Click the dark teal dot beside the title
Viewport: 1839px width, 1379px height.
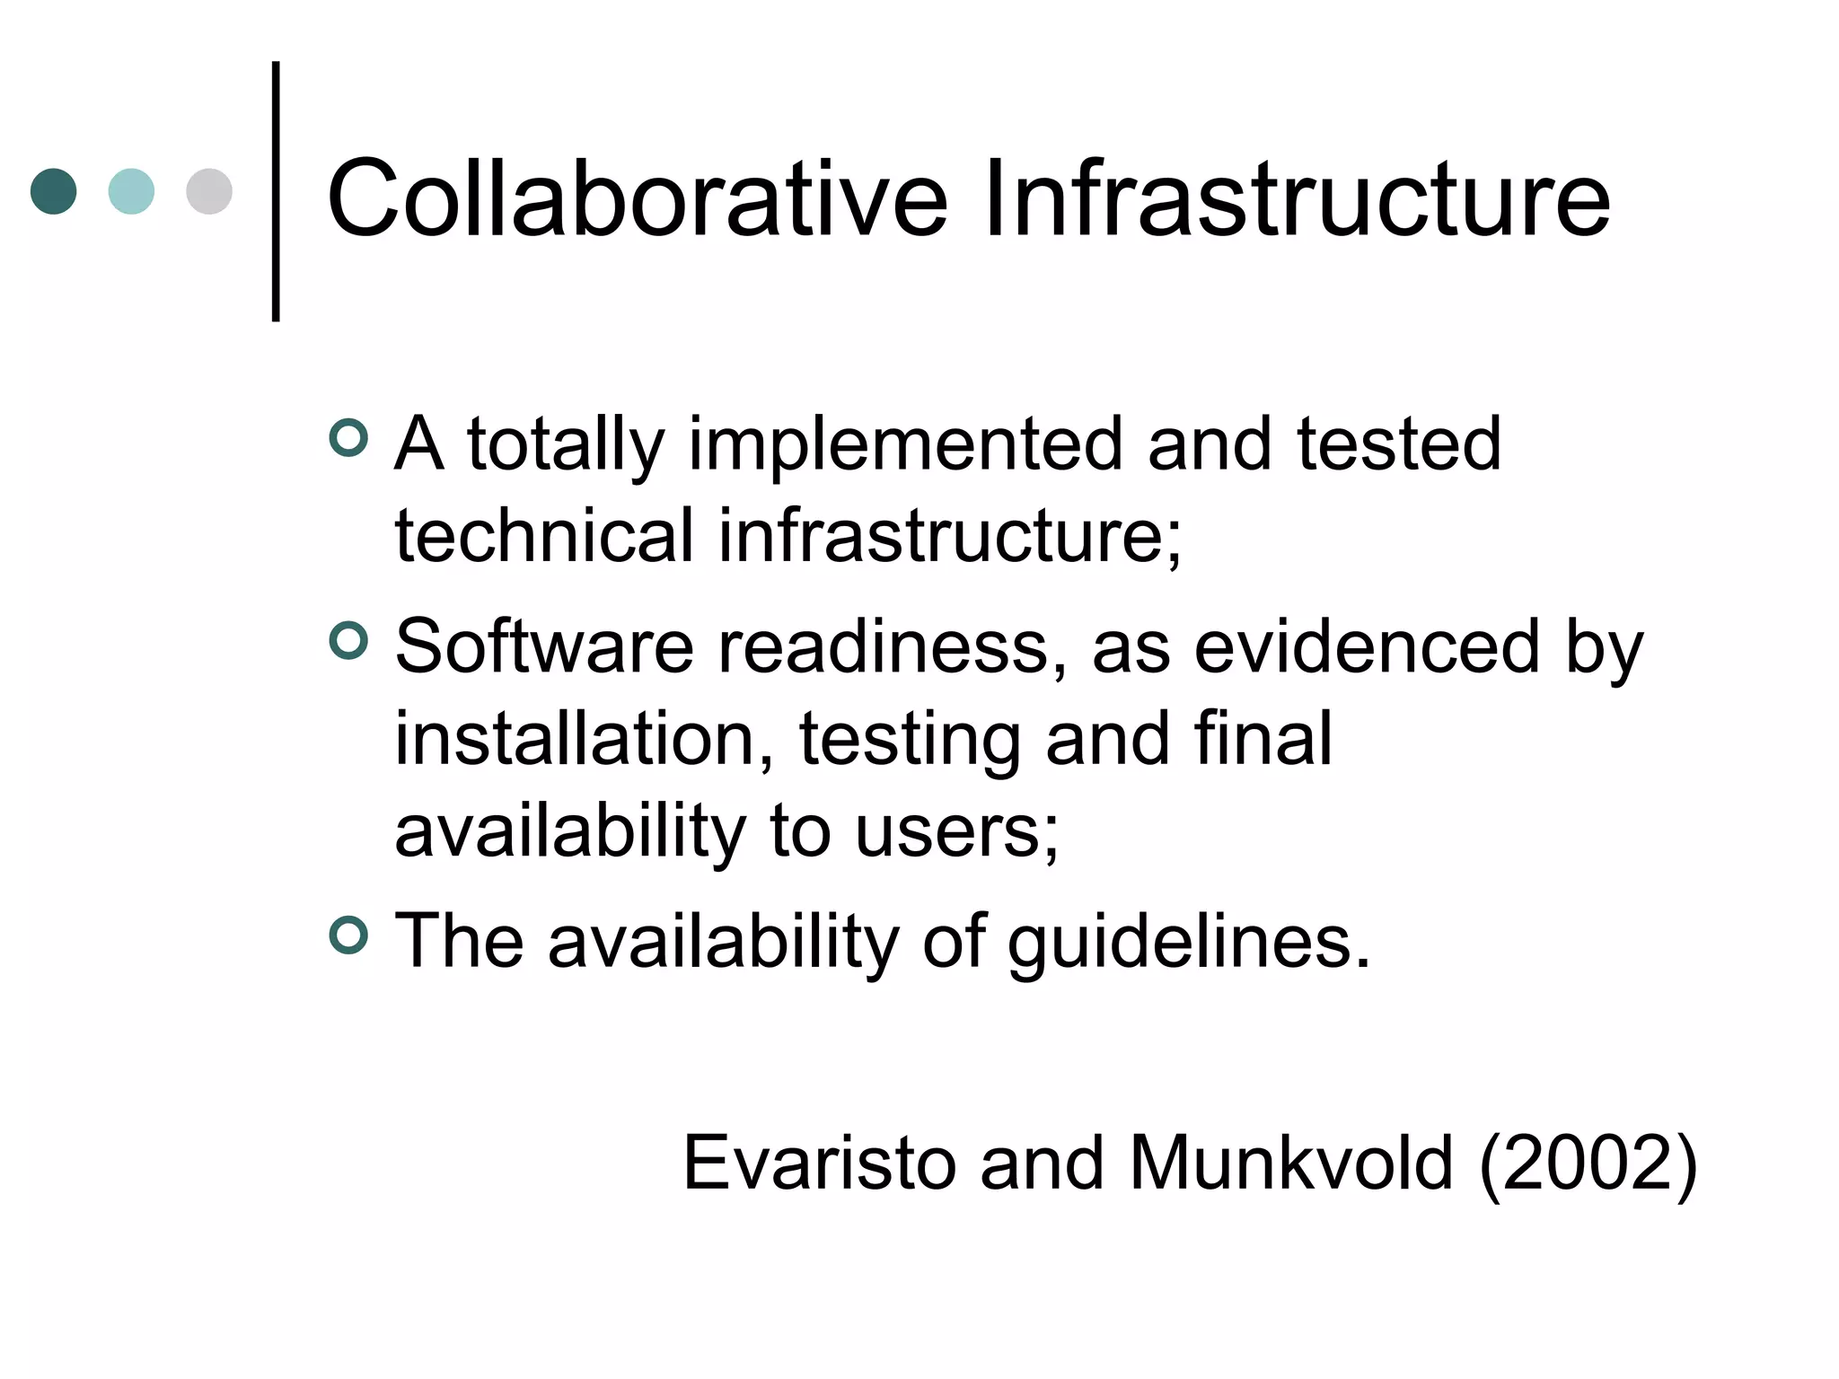(x=54, y=191)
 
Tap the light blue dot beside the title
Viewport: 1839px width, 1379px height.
(x=131, y=191)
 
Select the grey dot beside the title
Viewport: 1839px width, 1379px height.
(x=209, y=191)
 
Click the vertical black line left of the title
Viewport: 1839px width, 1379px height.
(x=276, y=190)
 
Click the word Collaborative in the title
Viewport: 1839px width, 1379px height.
(x=637, y=199)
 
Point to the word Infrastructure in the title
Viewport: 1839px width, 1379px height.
(x=1297, y=199)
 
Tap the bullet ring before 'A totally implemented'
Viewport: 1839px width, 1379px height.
(x=348, y=438)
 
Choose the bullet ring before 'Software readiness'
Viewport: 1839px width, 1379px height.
(x=348, y=641)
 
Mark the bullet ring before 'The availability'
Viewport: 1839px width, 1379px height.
(x=348, y=935)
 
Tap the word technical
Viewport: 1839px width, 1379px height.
(x=544, y=536)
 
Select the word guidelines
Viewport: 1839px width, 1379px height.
(x=1189, y=943)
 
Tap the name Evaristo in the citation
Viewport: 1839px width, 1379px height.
(x=819, y=1164)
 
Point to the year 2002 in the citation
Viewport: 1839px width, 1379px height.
(x=1588, y=1164)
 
